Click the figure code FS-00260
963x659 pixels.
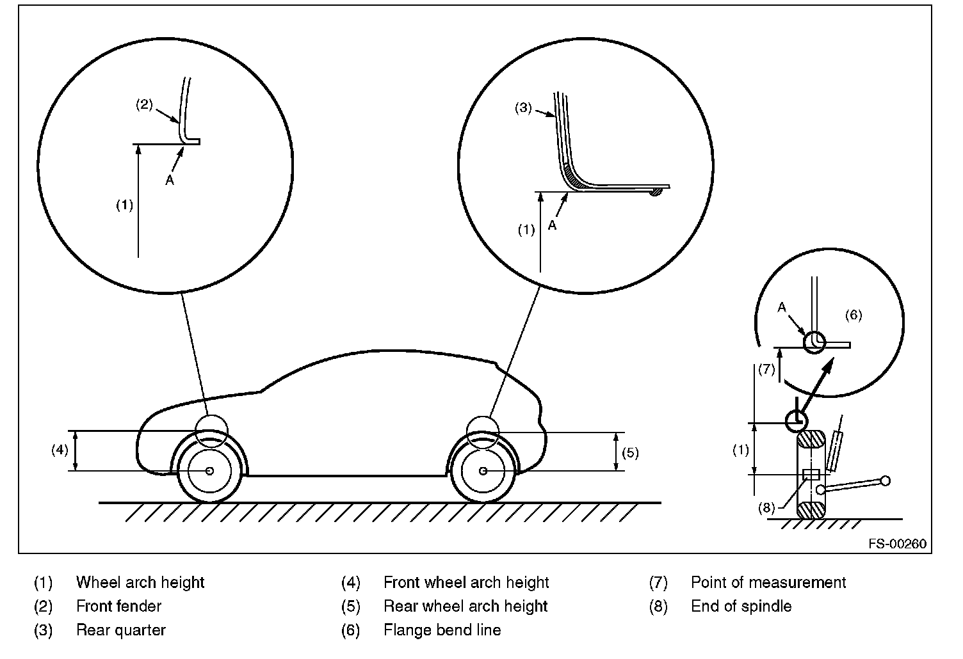coord(897,544)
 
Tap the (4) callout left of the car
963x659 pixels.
coord(60,450)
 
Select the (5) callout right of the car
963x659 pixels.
coord(630,453)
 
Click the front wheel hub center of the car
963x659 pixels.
coord(209,471)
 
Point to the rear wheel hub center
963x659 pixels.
coord(483,471)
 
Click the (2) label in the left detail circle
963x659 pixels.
coord(144,104)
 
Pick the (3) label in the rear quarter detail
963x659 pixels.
coord(523,108)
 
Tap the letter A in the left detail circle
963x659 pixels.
coord(169,181)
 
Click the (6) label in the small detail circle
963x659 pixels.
coord(853,315)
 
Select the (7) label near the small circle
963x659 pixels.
coord(766,369)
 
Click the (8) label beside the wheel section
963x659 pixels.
coord(766,508)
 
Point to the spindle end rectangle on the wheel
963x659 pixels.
coord(811,475)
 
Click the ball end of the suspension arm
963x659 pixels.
coord(885,480)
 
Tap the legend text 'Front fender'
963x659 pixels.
coord(118,606)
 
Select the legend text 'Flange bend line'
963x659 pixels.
coord(442,630)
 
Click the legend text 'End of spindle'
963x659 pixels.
coord(741,606)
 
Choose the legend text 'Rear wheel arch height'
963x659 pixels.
coord(465,606)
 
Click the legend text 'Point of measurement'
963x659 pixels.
coord(768,582)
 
